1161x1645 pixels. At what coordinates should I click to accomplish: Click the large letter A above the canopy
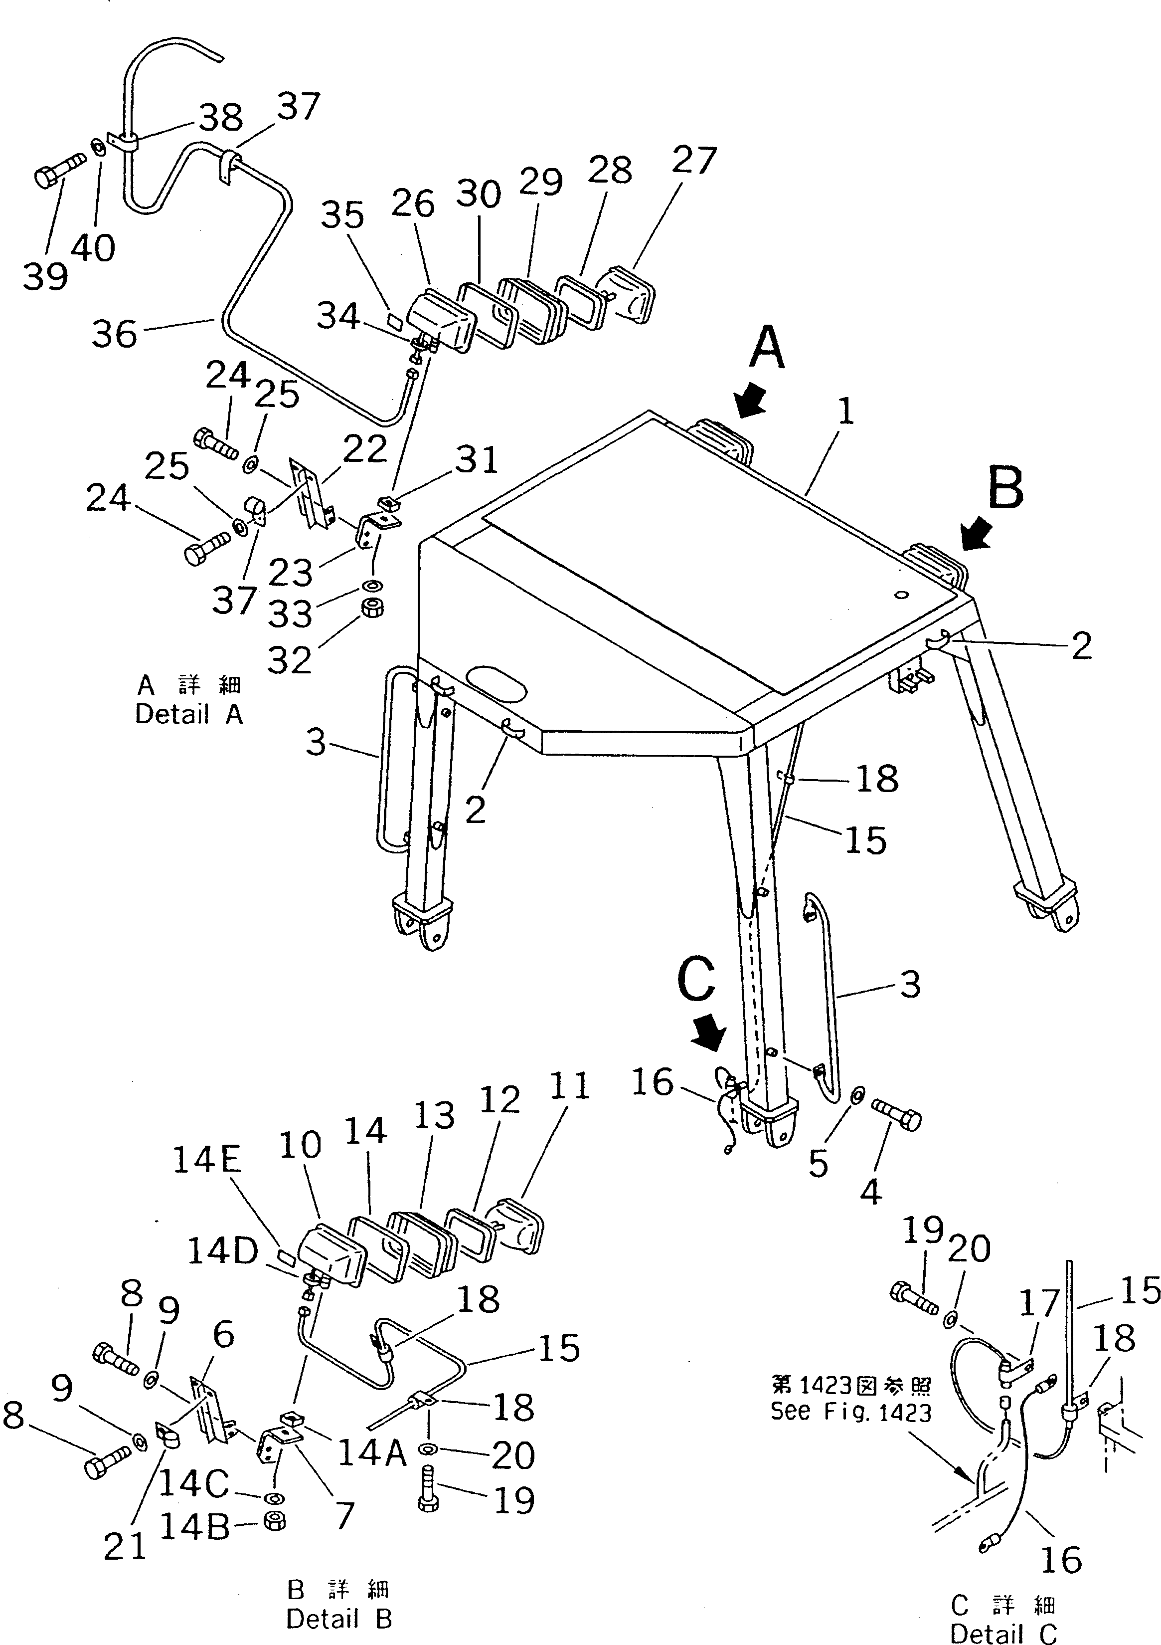point(767,348)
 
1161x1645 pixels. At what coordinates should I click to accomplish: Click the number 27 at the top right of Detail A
point(693,161)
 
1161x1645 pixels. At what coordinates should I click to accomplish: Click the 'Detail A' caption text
point(189,714)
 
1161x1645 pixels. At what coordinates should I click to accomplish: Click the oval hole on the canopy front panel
point(497,684)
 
